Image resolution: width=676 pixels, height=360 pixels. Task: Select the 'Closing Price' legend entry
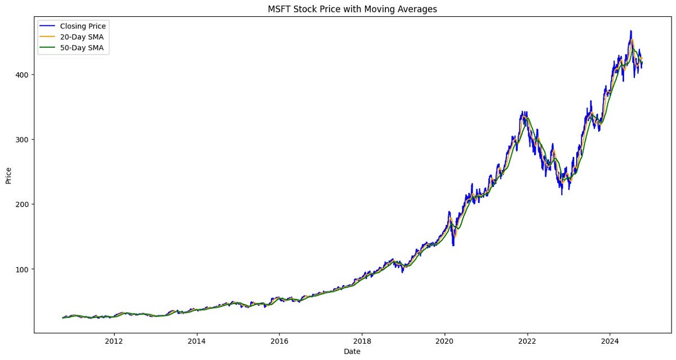click(83, 25)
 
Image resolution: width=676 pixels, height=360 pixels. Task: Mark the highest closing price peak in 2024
click(631, 31)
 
